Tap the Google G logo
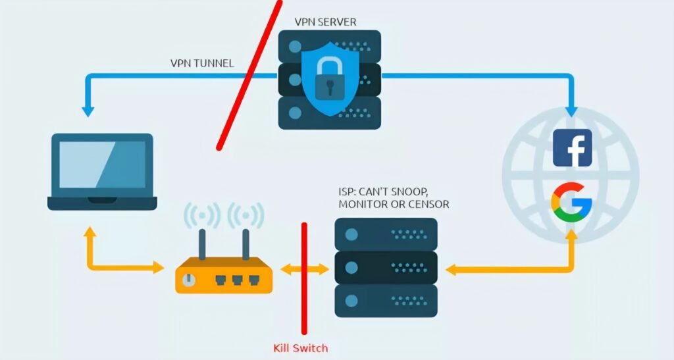(x=572, y=202)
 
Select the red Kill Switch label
(x=300, y=347)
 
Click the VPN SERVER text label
(x=325, y=22)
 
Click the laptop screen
(x=102, y=165)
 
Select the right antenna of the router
(x=246, y=244)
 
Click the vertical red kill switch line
(x=304, y=290)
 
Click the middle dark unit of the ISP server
(x=386, y=267)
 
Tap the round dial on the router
(x=190, y=280)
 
